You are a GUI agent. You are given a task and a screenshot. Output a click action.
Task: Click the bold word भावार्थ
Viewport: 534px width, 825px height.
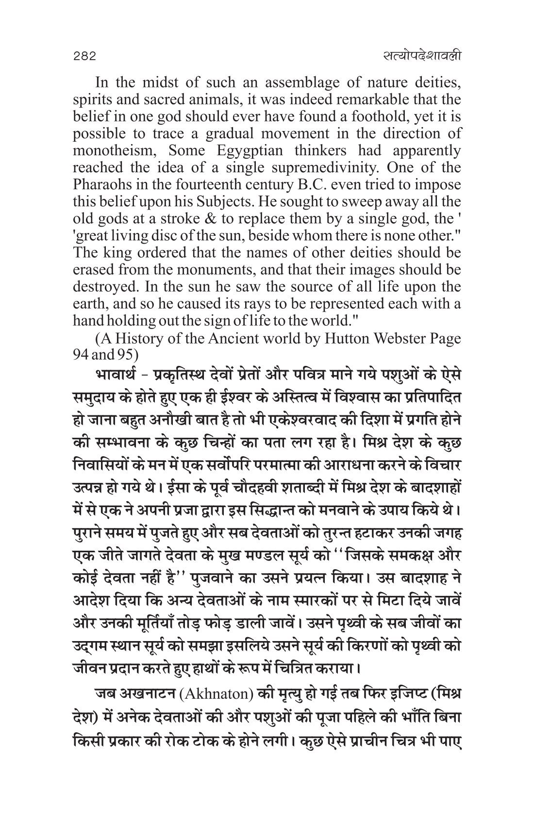(117, 377)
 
